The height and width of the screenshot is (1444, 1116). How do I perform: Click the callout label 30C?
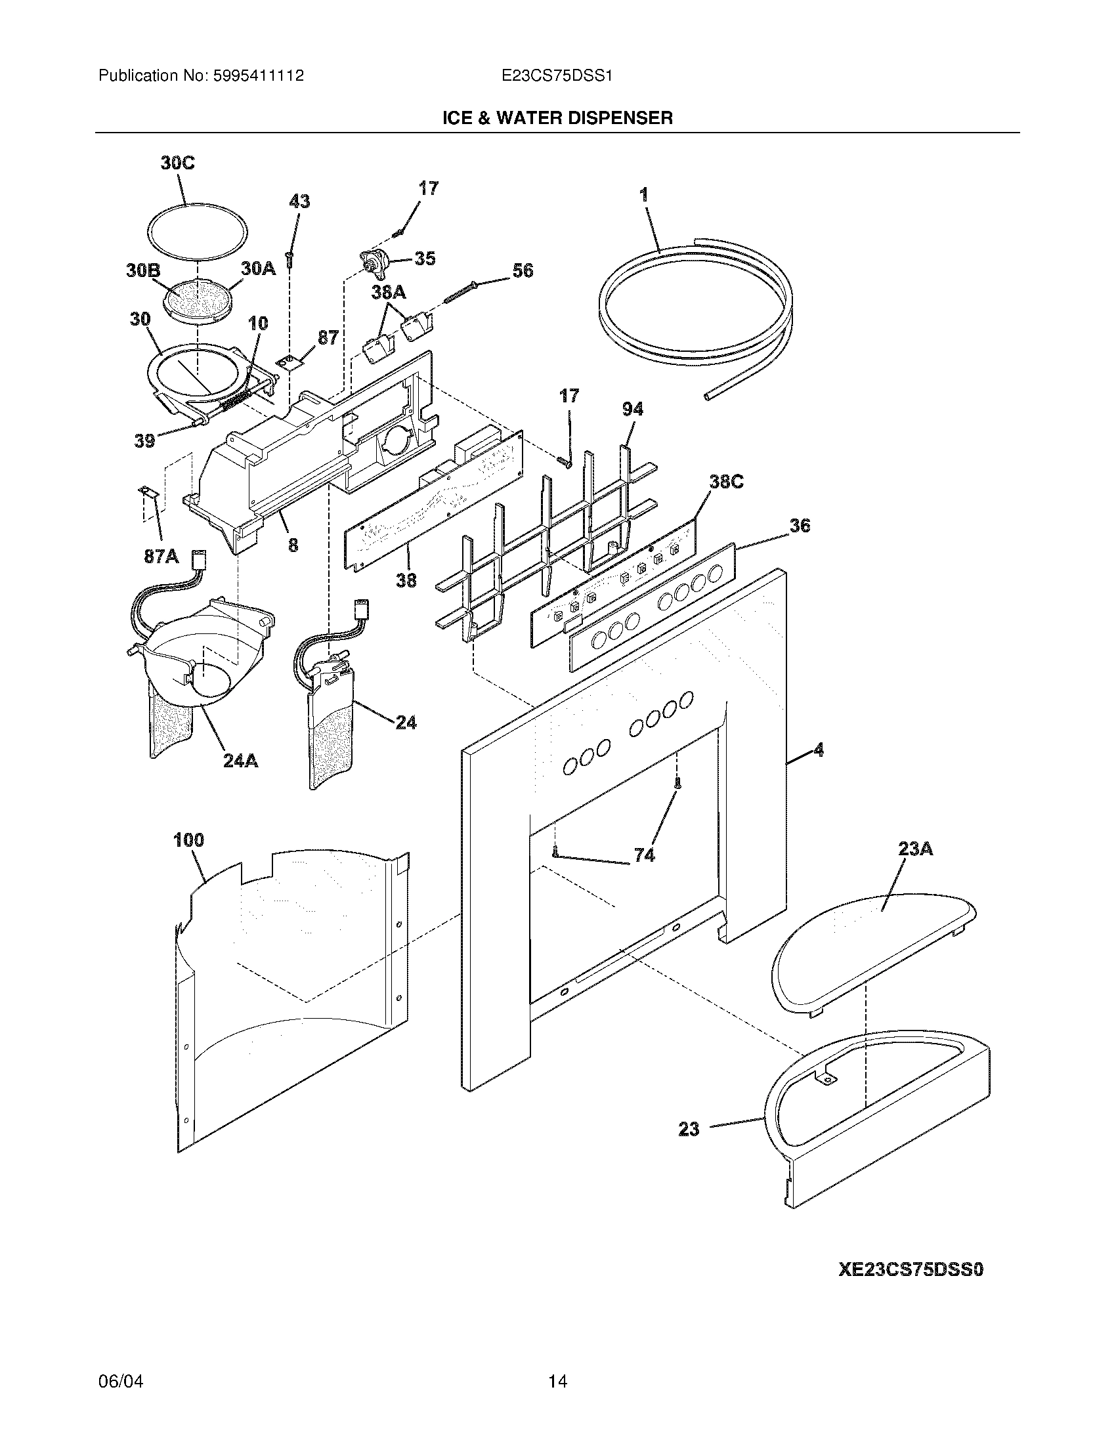coord(177,163)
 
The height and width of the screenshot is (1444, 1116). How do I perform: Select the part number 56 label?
coord(523,270)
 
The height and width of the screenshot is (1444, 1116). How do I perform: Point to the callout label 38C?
coord(726,482)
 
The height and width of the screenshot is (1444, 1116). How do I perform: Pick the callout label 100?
coord(188,841)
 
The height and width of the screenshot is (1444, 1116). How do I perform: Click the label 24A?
coord(239,761)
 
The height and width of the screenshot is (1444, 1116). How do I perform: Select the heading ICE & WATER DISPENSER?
coord(557,118)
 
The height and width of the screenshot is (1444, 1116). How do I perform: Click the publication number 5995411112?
coord(259,76)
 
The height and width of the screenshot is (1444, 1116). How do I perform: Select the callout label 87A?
coord(161,557)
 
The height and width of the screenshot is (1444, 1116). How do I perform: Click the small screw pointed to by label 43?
coord(290,259)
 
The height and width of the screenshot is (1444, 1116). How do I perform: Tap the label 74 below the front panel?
coord(644,855)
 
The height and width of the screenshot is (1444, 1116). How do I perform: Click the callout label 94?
coord(632,410)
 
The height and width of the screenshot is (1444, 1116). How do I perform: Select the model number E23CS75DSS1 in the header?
coord(557,76)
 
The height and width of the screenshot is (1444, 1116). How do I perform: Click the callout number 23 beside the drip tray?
coord(689,1129)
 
